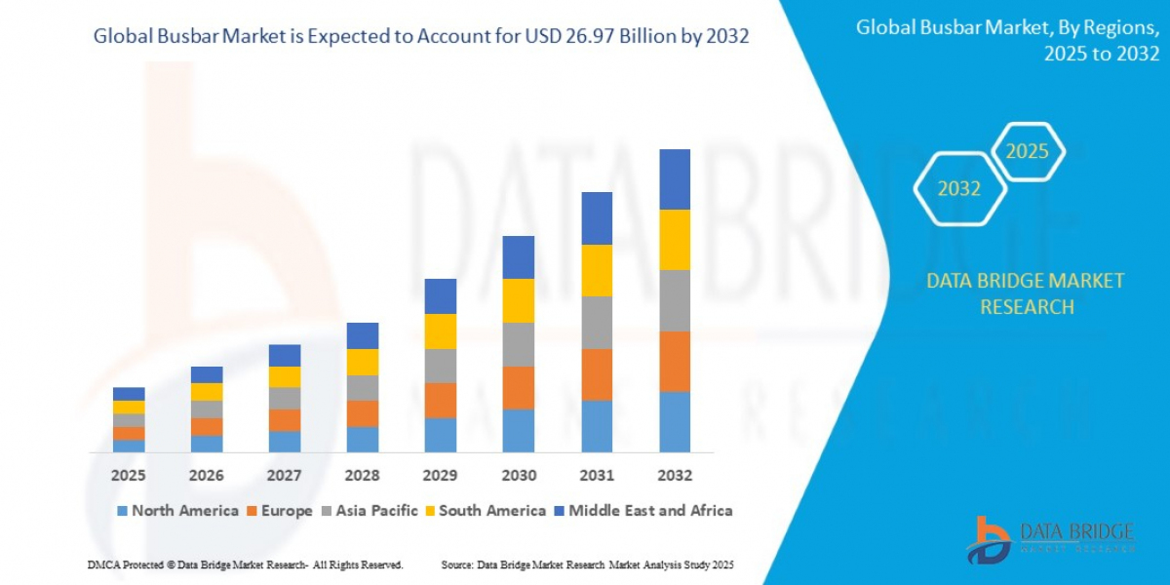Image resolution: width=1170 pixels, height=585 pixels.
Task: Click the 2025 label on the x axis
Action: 128,476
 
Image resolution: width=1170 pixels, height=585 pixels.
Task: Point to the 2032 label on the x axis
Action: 675,476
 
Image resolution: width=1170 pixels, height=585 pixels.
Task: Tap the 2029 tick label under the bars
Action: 441,476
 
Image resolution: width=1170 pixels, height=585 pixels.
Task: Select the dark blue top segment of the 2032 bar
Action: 675,179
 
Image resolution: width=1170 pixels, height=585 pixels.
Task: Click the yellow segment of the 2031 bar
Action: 597,270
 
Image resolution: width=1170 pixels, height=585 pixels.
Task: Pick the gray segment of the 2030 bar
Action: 519,344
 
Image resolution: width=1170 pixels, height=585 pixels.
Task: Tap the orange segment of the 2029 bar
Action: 441,400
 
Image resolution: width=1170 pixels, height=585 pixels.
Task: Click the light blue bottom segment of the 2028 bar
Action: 363,440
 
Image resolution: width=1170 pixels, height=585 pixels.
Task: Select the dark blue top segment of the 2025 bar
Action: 128,394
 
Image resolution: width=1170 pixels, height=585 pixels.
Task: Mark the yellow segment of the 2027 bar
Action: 285,376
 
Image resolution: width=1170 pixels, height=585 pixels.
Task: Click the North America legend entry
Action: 177,511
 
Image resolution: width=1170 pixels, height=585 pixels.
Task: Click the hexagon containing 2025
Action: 1027,151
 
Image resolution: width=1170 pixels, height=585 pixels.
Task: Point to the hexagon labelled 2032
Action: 958,189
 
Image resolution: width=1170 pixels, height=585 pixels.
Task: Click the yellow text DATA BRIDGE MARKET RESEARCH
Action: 1025,293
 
